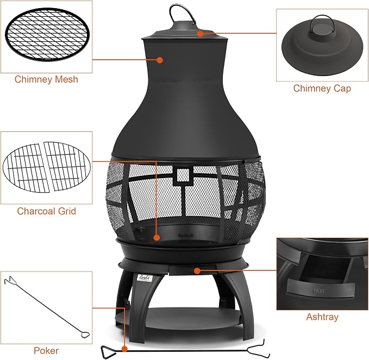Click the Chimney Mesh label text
pos(46,79)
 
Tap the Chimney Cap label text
pos(322,89)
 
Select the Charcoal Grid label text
pos(46,211)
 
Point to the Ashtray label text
pos(322,317)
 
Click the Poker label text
pos(46,351)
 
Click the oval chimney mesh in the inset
pos(47,35)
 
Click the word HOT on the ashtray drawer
pos(320,291)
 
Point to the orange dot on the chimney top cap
pos(200,34)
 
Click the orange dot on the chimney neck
pos(160,60)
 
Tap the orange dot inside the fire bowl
pos(157,237)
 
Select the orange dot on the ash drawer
pos(197,271)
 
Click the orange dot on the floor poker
pos(124,349)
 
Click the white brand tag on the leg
pos(145,277)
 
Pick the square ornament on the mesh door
pos(183,175)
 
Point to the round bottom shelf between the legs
pos(179,320)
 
